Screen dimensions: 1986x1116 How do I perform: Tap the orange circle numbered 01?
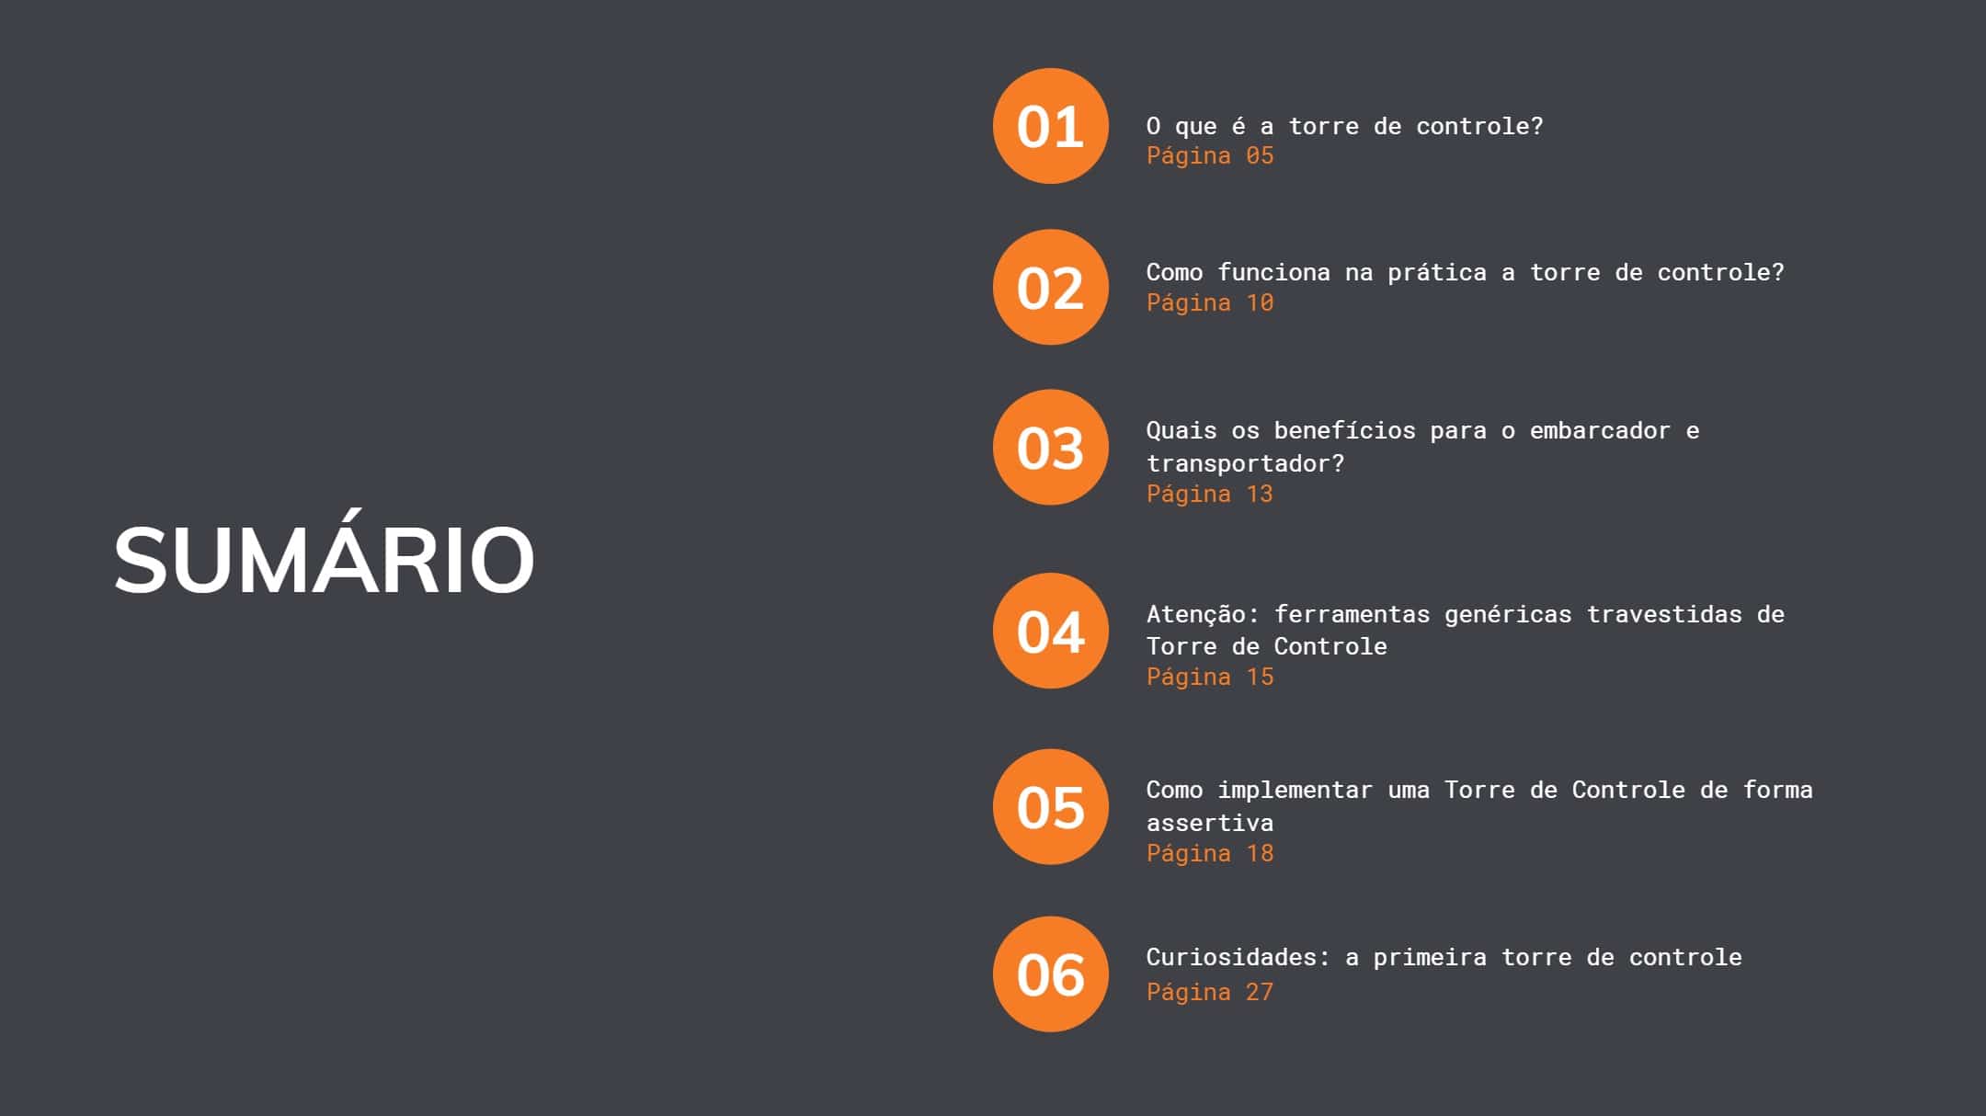1050,126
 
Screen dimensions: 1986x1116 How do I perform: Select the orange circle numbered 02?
1050,287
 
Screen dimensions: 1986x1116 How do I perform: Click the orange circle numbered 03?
1050,447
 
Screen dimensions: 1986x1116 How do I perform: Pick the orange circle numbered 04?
1050,631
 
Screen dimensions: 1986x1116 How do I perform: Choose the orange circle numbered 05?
1050,806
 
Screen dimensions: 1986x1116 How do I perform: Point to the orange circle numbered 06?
1050,974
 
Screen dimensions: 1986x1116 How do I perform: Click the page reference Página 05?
1209,156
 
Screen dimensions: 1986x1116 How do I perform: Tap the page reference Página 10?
1209,303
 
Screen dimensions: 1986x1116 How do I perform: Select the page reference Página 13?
1209,495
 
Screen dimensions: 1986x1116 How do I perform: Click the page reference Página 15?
1209,678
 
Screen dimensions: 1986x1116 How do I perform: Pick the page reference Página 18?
1209,854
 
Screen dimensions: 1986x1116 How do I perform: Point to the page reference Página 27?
1209,993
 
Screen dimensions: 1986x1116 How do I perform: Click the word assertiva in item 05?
1209,823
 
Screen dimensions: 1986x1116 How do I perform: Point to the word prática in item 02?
1436,273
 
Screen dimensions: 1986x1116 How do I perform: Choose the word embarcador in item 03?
1600,430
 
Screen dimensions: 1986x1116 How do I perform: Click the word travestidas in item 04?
1664,614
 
